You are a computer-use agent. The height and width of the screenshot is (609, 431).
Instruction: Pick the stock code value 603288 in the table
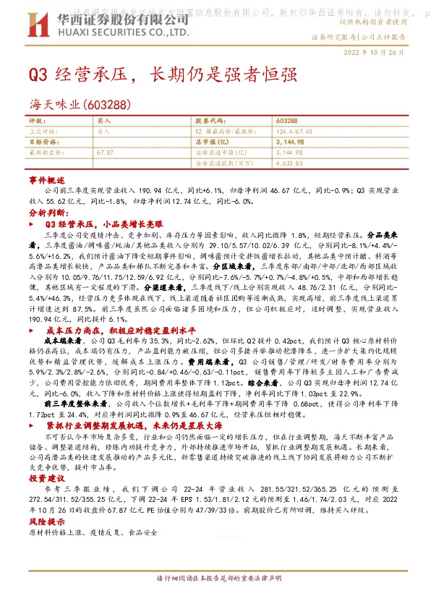tap(287, 121)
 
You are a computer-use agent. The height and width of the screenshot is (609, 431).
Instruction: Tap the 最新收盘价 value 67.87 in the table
tap(105, 153)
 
